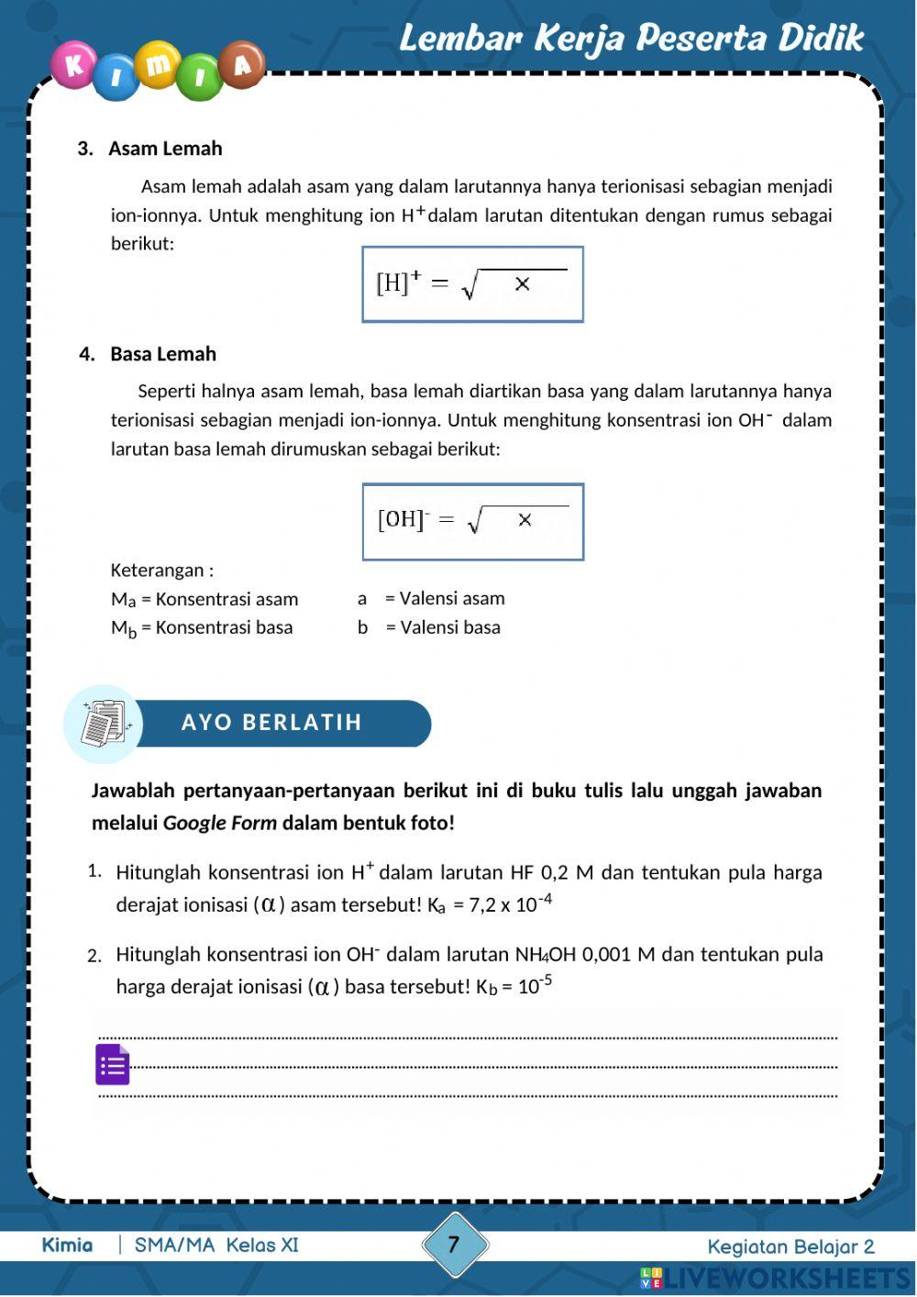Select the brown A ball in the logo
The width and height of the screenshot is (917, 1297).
click(241, 64)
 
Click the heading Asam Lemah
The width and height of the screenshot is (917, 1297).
click(165, 149)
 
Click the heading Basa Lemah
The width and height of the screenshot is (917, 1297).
click(163, 354)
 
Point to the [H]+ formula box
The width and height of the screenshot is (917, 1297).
click(472, 284)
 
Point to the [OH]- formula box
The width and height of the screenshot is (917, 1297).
click(472, 521)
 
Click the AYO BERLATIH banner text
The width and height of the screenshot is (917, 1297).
click(271, 723)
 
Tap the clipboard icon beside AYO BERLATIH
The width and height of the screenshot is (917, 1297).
click(104, 724)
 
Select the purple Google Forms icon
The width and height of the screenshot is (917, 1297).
click(113, 1064)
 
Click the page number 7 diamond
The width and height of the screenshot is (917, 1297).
click(454, 1245)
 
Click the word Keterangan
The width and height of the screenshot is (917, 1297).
click(157, 571)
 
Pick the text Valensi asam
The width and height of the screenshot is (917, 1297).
click(452, 599)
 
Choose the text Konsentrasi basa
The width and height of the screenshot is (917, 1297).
click(224, 627)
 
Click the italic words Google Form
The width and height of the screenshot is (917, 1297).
click(219, 823)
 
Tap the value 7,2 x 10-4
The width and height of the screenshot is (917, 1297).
click(510, 903)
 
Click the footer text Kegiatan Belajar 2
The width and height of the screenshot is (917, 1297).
click(790, 1247)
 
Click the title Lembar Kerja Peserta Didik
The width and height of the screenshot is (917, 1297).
click(631, 39)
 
